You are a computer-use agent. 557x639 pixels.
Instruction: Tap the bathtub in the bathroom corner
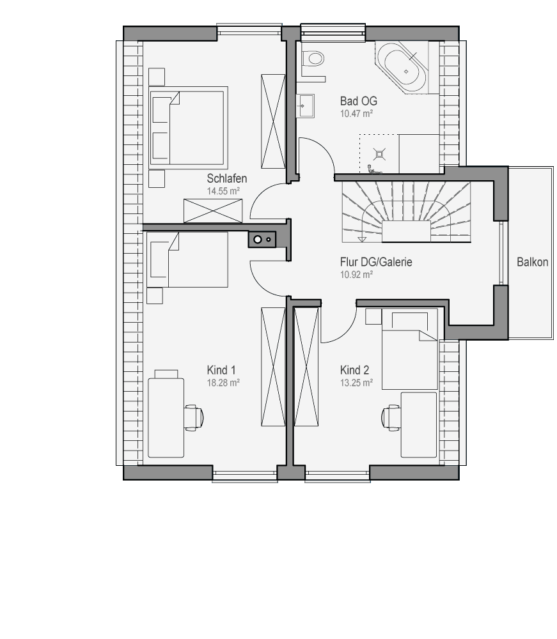click(x=402, y=67)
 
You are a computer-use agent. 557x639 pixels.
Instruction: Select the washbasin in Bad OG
click(x=306, y=106)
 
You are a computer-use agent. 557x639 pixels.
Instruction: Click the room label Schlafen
click(x=227, y=178)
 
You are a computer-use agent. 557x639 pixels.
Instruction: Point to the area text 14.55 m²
click(x=223, y=191)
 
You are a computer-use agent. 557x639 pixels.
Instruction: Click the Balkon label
click(x=532, y=261)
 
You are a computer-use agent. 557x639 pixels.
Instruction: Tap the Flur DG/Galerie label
click(x=376, y=261)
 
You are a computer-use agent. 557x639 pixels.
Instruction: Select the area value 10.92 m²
click(x=356, y=275)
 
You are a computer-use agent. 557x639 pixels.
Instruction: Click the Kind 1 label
click(x=221, y=370)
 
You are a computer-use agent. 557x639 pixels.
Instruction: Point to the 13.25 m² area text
click(x=356, y=383)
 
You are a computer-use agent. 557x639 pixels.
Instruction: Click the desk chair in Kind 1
click(x=193, y=417)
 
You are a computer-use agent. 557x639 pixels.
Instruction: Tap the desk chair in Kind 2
click(x=391, y=417)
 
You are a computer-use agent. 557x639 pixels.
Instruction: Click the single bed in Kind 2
click(x=410, y=349)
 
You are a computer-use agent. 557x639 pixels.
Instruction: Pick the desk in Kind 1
click(x=166, y=418)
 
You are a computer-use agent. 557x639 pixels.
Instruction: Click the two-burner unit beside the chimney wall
click(x=262, y=240)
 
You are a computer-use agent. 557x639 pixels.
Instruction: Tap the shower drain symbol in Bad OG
click(x=380, y=154)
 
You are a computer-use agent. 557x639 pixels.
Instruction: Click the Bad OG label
click(x=358, y=101)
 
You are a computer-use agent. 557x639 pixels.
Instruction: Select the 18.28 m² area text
click(x=223, y=383)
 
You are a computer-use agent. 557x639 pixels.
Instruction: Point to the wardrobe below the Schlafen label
click(x=213, y=211)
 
